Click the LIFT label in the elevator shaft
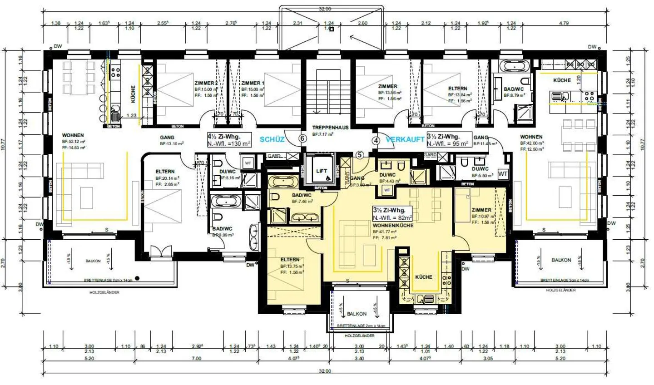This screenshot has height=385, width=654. click(321, 171)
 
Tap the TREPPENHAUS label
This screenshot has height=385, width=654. click(330, 128)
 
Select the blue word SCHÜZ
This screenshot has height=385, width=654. click(272, 139)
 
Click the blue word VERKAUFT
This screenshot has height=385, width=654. click(405, 139)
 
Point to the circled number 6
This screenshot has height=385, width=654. click(302, 138)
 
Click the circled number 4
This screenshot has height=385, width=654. click(376, 140)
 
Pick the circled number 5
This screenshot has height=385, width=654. click(359, 155)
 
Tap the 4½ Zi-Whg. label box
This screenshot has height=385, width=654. click(229, 140)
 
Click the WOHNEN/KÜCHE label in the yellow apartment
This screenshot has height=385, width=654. click(393, 225)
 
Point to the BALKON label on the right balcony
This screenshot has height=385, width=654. click(561, 260)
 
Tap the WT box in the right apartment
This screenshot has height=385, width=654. click(502, 174)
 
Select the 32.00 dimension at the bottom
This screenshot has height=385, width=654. click(325, 371)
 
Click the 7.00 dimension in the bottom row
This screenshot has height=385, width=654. click(196, 359)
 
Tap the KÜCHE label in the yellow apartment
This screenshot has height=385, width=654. click(423, 277)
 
